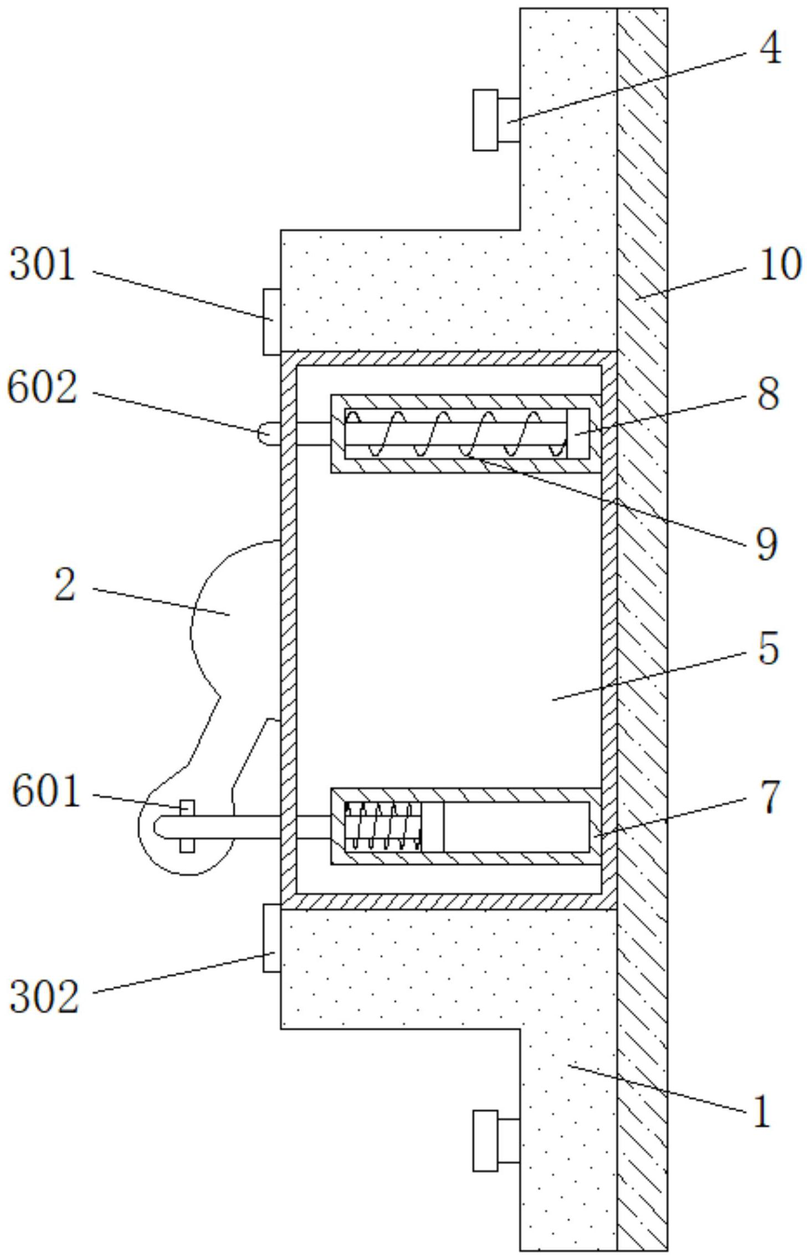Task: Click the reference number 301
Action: tap(43, 265)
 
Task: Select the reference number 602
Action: tap(42, 387)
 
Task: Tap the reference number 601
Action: tap(47, 792)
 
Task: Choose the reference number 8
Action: tap(768, 394)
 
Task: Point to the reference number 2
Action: tap(65, 585)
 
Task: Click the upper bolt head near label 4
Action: tap(485, 120)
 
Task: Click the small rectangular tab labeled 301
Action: tap(272, 322)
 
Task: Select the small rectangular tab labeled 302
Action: tap(272, 938)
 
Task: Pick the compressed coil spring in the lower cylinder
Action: tap(383, 826)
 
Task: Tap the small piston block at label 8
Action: tap(578, 433)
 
